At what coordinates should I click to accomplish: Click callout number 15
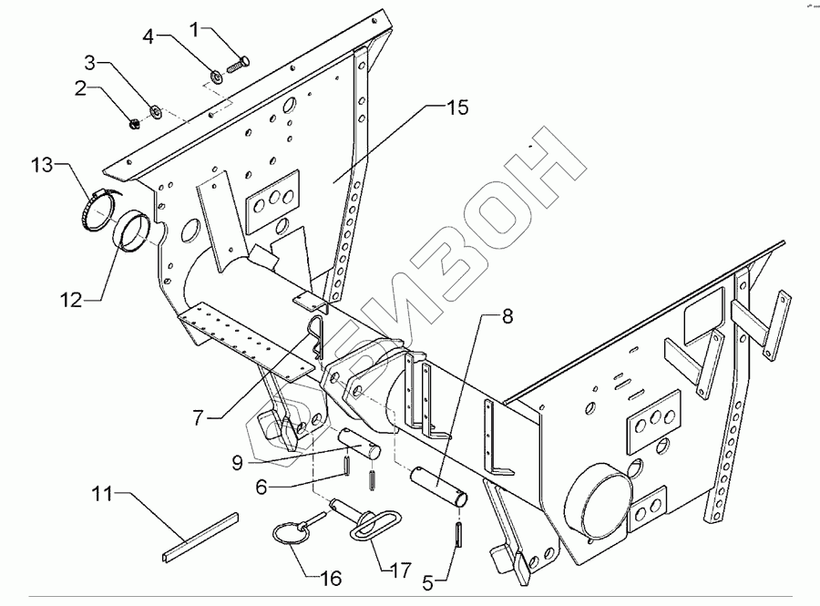(456, 108)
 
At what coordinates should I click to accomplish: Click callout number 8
(507, 318)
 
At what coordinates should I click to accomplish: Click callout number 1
(193, 30)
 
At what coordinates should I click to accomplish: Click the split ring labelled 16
(289, 533)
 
